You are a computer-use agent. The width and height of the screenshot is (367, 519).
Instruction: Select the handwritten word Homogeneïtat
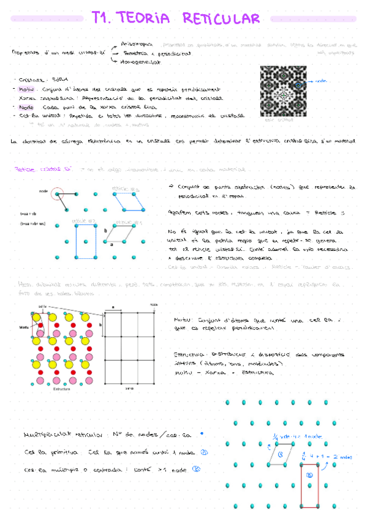coord(142,62)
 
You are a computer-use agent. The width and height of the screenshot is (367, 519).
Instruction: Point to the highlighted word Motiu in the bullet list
coord(27,88)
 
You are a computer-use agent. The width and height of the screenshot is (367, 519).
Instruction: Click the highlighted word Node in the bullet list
coord(26,106)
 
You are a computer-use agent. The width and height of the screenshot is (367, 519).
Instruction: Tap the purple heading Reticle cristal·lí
coord(35,169)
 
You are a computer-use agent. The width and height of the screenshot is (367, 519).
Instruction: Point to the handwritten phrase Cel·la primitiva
coord(45,453)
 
